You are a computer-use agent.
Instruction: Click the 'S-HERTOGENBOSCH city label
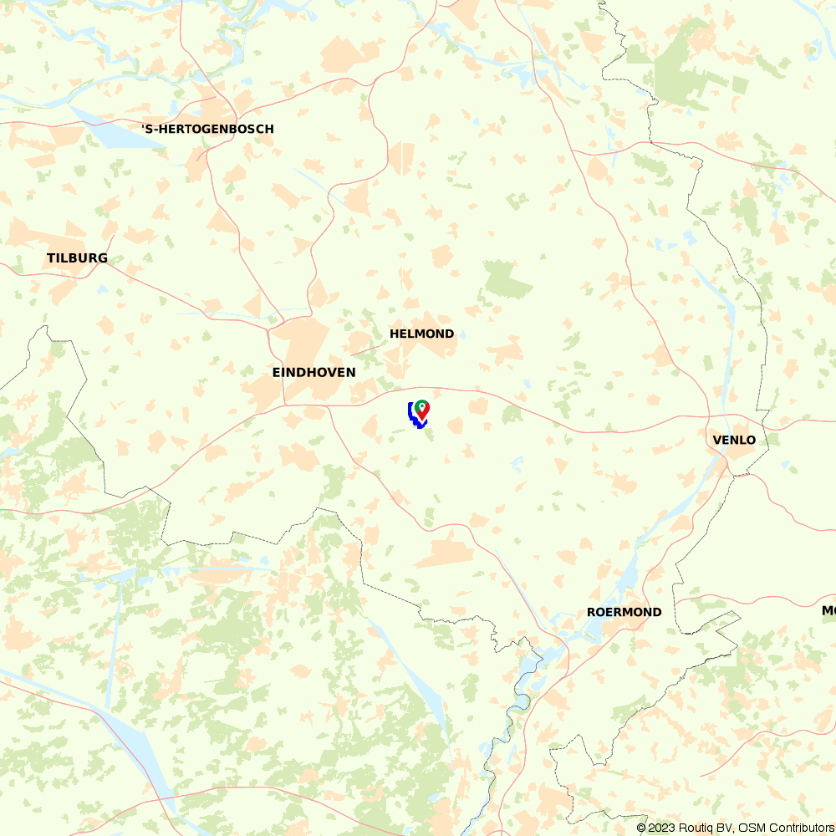click(207, 129)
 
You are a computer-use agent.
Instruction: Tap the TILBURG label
click(77, 257)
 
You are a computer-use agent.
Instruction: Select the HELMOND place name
click(421, 334)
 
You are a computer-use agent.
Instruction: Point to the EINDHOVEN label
click(313, 372)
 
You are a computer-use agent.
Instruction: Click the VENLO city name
click(734, 440)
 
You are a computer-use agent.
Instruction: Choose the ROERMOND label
click(624, 612)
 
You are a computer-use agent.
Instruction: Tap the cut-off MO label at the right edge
click(828, 611)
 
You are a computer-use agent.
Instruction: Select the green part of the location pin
click(419, 405)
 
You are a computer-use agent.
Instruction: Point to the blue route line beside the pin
click(412, 415)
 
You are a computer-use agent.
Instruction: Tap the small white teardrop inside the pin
click(423, 407)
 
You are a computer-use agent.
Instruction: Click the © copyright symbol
click(641, 828)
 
